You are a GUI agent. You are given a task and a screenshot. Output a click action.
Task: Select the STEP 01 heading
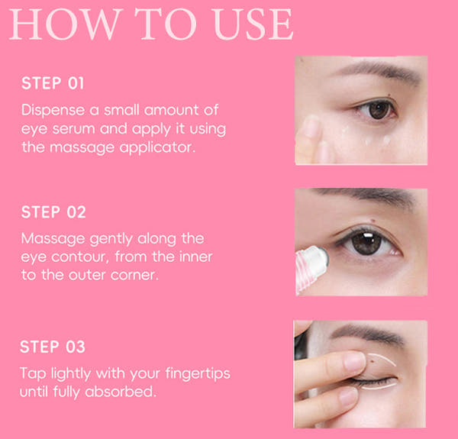(x=53, y=83)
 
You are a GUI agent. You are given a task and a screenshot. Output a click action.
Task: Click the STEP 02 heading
(x=53, y=212)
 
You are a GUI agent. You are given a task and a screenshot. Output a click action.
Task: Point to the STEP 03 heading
(x=53, y=347)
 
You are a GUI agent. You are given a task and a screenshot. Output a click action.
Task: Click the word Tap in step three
(x=32, y=374)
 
